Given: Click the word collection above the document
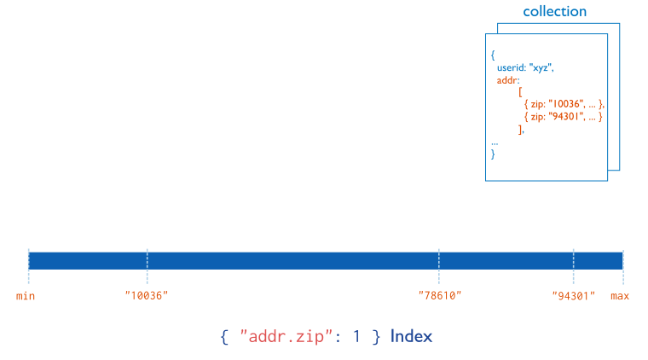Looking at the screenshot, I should coord(554,12).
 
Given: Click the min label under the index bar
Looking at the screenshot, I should coord(26,296).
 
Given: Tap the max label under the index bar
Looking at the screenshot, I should coord(620,296).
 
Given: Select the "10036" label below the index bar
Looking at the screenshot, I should coord(147,296).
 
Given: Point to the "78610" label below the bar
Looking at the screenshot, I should coord(439,296).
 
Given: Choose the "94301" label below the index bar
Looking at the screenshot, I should coord(573,296).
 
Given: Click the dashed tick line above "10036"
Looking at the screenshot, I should coord(147,265).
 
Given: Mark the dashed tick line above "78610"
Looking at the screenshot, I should coord(439,265).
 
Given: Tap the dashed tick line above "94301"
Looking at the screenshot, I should coord(573,265).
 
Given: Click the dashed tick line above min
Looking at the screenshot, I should coord(28,265).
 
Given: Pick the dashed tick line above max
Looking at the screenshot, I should coord(623,265).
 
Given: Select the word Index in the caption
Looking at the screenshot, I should coord(411,336).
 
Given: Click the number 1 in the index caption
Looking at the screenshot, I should coord(356,336).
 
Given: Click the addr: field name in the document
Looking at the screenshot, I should coord(508,79).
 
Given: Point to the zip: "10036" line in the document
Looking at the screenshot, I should coord(564,104).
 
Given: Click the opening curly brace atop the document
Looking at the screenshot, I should coord(493,55).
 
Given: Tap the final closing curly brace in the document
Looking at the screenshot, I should coord(493,154).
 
